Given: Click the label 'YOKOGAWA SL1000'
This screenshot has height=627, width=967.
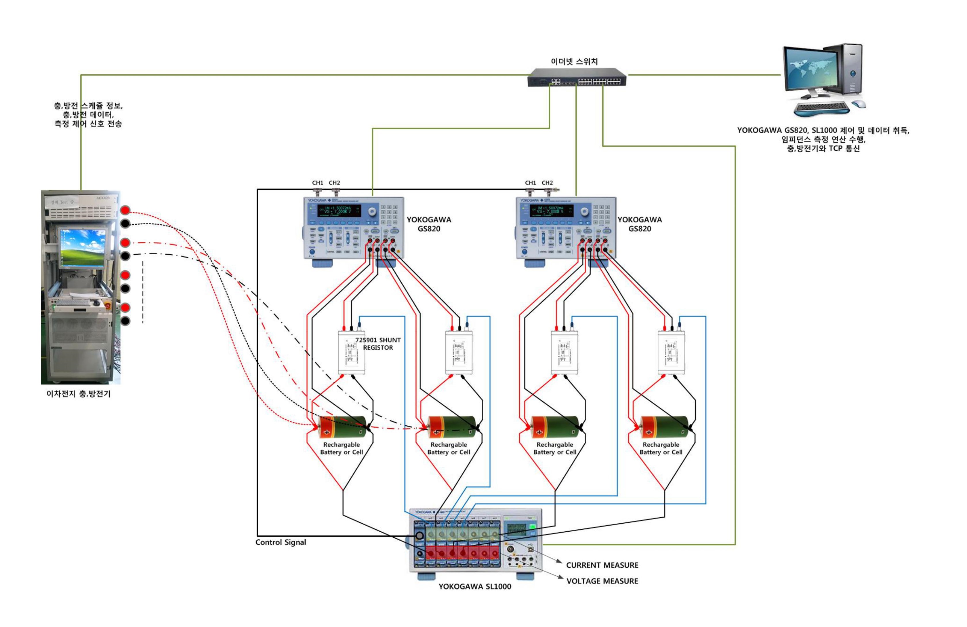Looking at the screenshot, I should [x=474, y=586].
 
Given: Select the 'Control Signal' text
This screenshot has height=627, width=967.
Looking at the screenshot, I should [x=280, y=542].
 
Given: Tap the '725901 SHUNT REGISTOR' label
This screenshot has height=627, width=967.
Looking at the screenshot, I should [x=378, y=344].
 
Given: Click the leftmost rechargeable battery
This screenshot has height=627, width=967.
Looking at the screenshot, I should [x=342, y=427].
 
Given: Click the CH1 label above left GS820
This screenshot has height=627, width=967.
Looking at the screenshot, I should [x=317, y=183].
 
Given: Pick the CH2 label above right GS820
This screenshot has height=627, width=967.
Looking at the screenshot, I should [x=547, y=183].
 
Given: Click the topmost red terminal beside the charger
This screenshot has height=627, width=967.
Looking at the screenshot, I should [x=125, y=210].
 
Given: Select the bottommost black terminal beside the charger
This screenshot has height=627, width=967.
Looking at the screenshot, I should [x=125, y=321].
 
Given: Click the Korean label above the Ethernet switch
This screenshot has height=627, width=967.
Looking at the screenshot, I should [x=574, y=61].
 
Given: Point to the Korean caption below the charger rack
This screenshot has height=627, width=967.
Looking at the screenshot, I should [x=79, y=394].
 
